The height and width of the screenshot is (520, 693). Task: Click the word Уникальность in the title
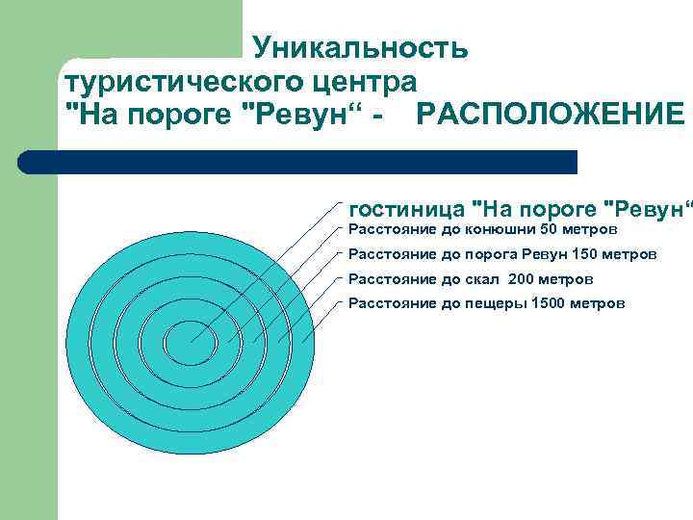click(x=360, y=47)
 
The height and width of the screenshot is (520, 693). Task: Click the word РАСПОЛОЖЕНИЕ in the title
click(x=550, y=116)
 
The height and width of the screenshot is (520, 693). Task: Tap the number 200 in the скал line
click(x=519, y=278)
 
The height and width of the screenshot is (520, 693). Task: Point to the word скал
click(x=483, y=278)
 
